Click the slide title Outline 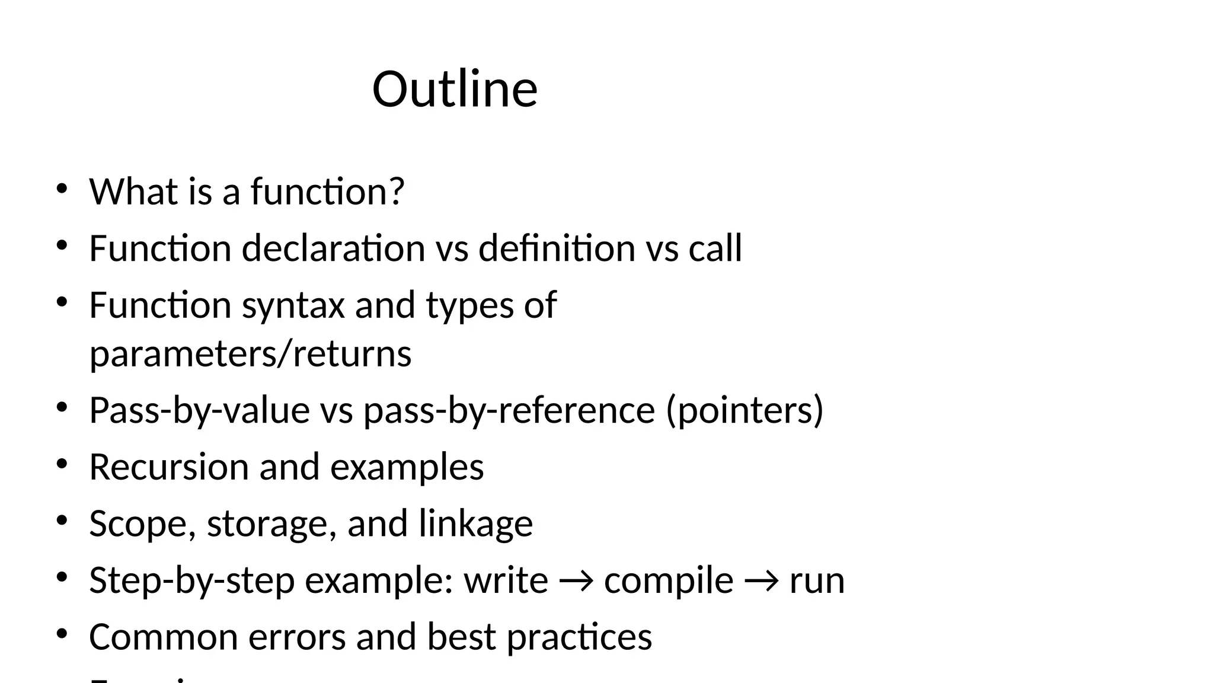click(455, 90)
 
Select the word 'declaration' click(333, 248)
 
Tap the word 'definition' click(556, 248)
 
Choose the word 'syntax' click(293, 305)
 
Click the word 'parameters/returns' click(250, 354)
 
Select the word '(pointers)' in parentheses click(745, 410)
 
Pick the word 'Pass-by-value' click(199, 410)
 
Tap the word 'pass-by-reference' click(509, 410)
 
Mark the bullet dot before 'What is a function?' click(61, 189)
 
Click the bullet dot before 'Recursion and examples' click(61, 464)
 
